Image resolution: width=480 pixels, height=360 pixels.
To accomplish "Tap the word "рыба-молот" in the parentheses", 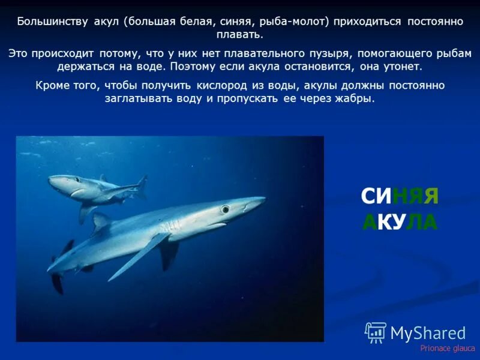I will pos(293,22).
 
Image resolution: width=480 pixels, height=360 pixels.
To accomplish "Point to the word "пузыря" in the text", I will pos(335,53).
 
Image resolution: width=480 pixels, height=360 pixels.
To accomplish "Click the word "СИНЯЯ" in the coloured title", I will pos(400,196).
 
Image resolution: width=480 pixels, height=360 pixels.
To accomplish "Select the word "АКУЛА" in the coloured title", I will pos(400,222).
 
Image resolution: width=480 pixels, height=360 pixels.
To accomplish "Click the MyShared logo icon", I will pos(376,332).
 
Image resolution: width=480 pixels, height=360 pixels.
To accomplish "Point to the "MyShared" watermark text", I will pos(428,333).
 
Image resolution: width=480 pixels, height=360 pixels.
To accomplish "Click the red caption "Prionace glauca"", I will pos(447,348).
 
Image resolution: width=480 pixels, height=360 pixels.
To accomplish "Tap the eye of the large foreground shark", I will pos(225,209).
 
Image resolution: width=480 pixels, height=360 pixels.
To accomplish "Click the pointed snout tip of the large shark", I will pos(263,199).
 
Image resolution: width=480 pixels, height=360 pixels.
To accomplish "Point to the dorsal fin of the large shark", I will pos(100,222).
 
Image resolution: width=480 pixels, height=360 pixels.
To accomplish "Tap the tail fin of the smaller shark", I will pos(142,187).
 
